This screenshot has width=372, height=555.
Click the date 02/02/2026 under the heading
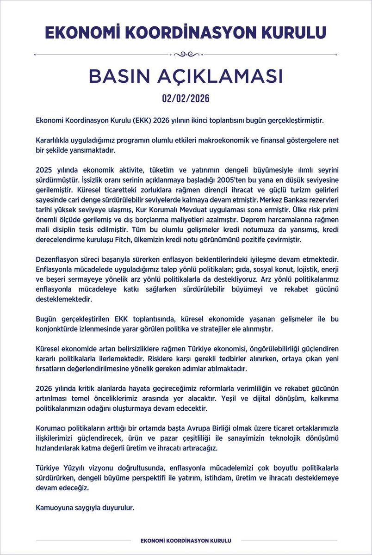[x=186, y=99]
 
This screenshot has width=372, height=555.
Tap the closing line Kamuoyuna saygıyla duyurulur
[x=85, y=508]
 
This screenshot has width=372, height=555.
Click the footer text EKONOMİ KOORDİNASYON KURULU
[x=186, y=540]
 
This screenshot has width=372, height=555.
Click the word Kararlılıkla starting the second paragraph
[x=55, y=140]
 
